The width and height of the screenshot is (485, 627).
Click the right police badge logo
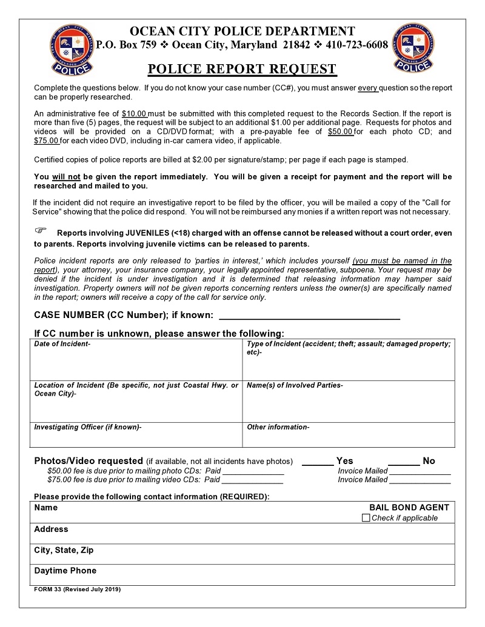(x=413, y=47)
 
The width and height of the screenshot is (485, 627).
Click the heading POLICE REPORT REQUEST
(x=242, y=68)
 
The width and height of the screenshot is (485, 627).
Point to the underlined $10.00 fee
(x=135, y=114)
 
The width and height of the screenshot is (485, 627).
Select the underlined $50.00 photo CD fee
(x=340, y=131)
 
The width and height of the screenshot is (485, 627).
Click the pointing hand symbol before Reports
(x=41, y=231)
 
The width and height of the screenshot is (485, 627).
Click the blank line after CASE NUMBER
(x=309, y=315)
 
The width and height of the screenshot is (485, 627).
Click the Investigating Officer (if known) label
(x=88, y=427)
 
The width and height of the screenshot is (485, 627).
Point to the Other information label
(x=278, y=427)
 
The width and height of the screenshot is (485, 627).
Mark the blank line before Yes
(x=317, y=462)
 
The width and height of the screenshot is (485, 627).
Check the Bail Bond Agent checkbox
(x=366, y=518)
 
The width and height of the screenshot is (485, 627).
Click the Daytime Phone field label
(x=65, y=571)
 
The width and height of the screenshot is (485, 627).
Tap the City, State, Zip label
(x=64, y=550)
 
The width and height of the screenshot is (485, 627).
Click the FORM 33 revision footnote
(x=78, y=589)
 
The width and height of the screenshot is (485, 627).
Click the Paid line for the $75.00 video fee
(x=252, y=480)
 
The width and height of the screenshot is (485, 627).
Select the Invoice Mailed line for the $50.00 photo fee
(x=420, y=471)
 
